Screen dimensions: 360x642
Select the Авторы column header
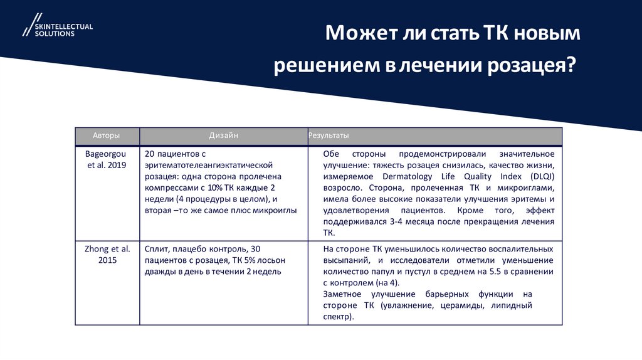click(107, 135)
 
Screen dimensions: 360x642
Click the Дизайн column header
click(223, 135)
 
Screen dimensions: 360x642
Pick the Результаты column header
click(329, 135)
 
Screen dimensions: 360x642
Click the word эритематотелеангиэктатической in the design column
click(208, 165)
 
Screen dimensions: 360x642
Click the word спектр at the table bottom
click(338, 317)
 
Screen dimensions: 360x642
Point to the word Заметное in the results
click(343, 294)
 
